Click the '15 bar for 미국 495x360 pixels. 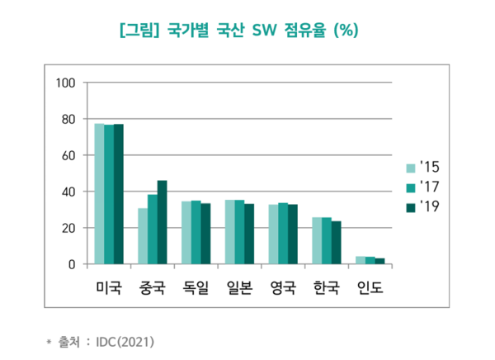pos(99,194)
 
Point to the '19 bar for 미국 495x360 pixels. pos(118,194)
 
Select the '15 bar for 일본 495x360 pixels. pos(230,232)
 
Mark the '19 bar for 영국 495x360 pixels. pos(293,234)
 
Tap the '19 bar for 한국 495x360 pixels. pos(337,243)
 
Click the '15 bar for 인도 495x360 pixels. pos(361,260)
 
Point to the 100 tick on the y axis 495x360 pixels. pos(66,83)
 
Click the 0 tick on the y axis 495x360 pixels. pos(72,264)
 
